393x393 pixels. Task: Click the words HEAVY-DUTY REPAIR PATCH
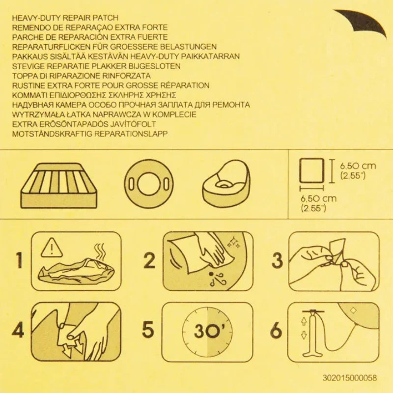66,18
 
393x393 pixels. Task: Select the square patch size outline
313,169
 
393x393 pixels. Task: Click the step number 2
148,260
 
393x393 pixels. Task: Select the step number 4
18,330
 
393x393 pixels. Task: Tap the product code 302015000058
349,377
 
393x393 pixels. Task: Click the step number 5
148,330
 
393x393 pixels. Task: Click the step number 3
278,260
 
